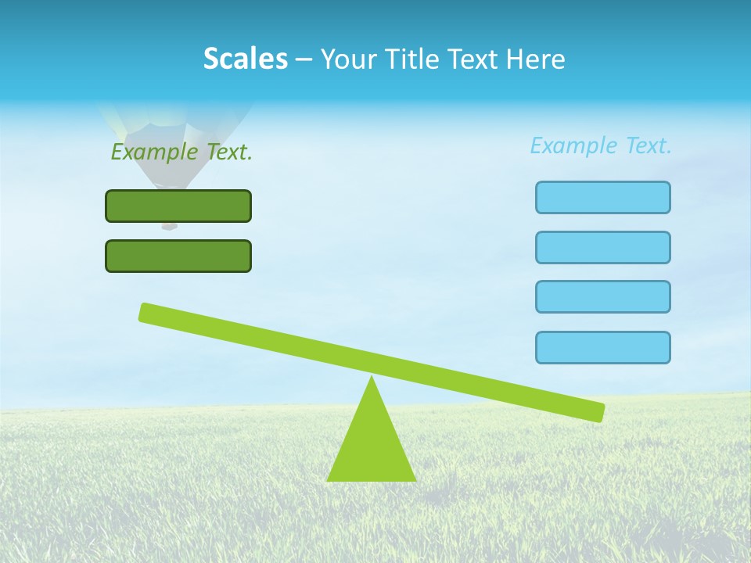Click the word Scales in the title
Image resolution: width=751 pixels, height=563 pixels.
(x=245, y=59)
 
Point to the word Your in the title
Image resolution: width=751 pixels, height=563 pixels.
(x=349, y=59)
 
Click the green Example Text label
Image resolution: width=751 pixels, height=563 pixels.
(x=181, y=152)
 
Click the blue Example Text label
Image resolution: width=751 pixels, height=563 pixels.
(x=601, y=145)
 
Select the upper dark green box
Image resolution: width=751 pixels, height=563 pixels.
(x=178, y=206)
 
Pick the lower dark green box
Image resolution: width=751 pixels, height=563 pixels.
(x=178, y=256)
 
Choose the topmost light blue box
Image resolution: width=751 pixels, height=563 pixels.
(x=602, y=197)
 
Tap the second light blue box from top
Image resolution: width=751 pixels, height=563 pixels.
(x=602, y=247)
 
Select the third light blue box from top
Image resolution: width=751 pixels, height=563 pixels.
(x=602, y=296)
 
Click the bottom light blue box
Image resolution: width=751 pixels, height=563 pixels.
(x=602, y=347)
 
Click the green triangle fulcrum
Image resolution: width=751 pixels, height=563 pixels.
(x=371, y=446)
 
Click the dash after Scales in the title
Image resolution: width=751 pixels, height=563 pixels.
(x=304, y=59)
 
